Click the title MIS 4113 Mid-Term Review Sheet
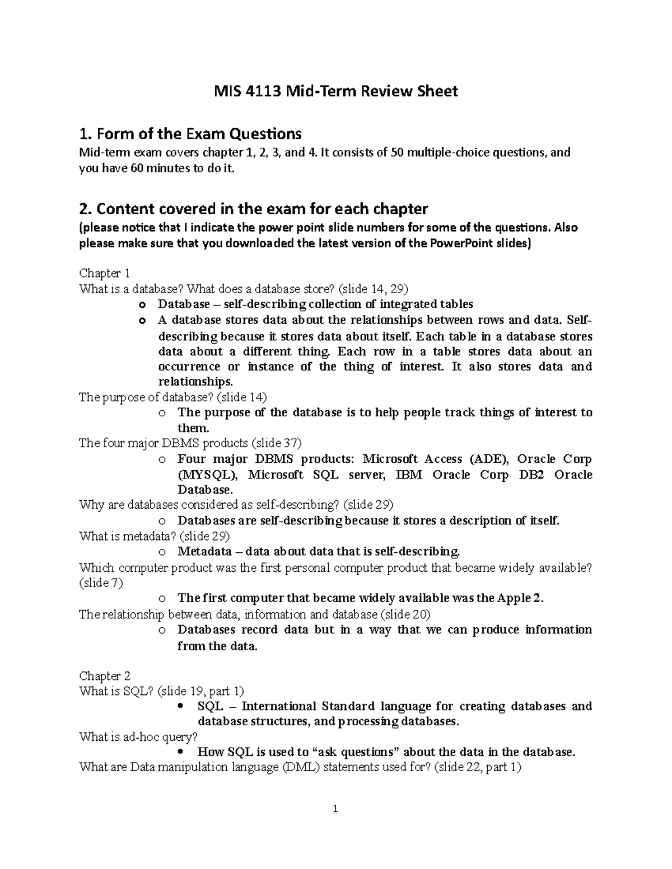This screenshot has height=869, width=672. [336, 91]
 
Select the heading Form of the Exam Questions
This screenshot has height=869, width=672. [190, 134]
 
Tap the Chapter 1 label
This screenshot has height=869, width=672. [105, 274]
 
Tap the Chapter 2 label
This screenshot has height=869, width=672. [105, 676]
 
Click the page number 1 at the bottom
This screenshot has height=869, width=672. [335, 809]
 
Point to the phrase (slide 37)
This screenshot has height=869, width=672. [276, 443]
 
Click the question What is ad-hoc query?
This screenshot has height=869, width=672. [138, 737]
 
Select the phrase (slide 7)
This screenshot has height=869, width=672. [101, 583]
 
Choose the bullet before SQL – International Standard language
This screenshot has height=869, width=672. [180, 706]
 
